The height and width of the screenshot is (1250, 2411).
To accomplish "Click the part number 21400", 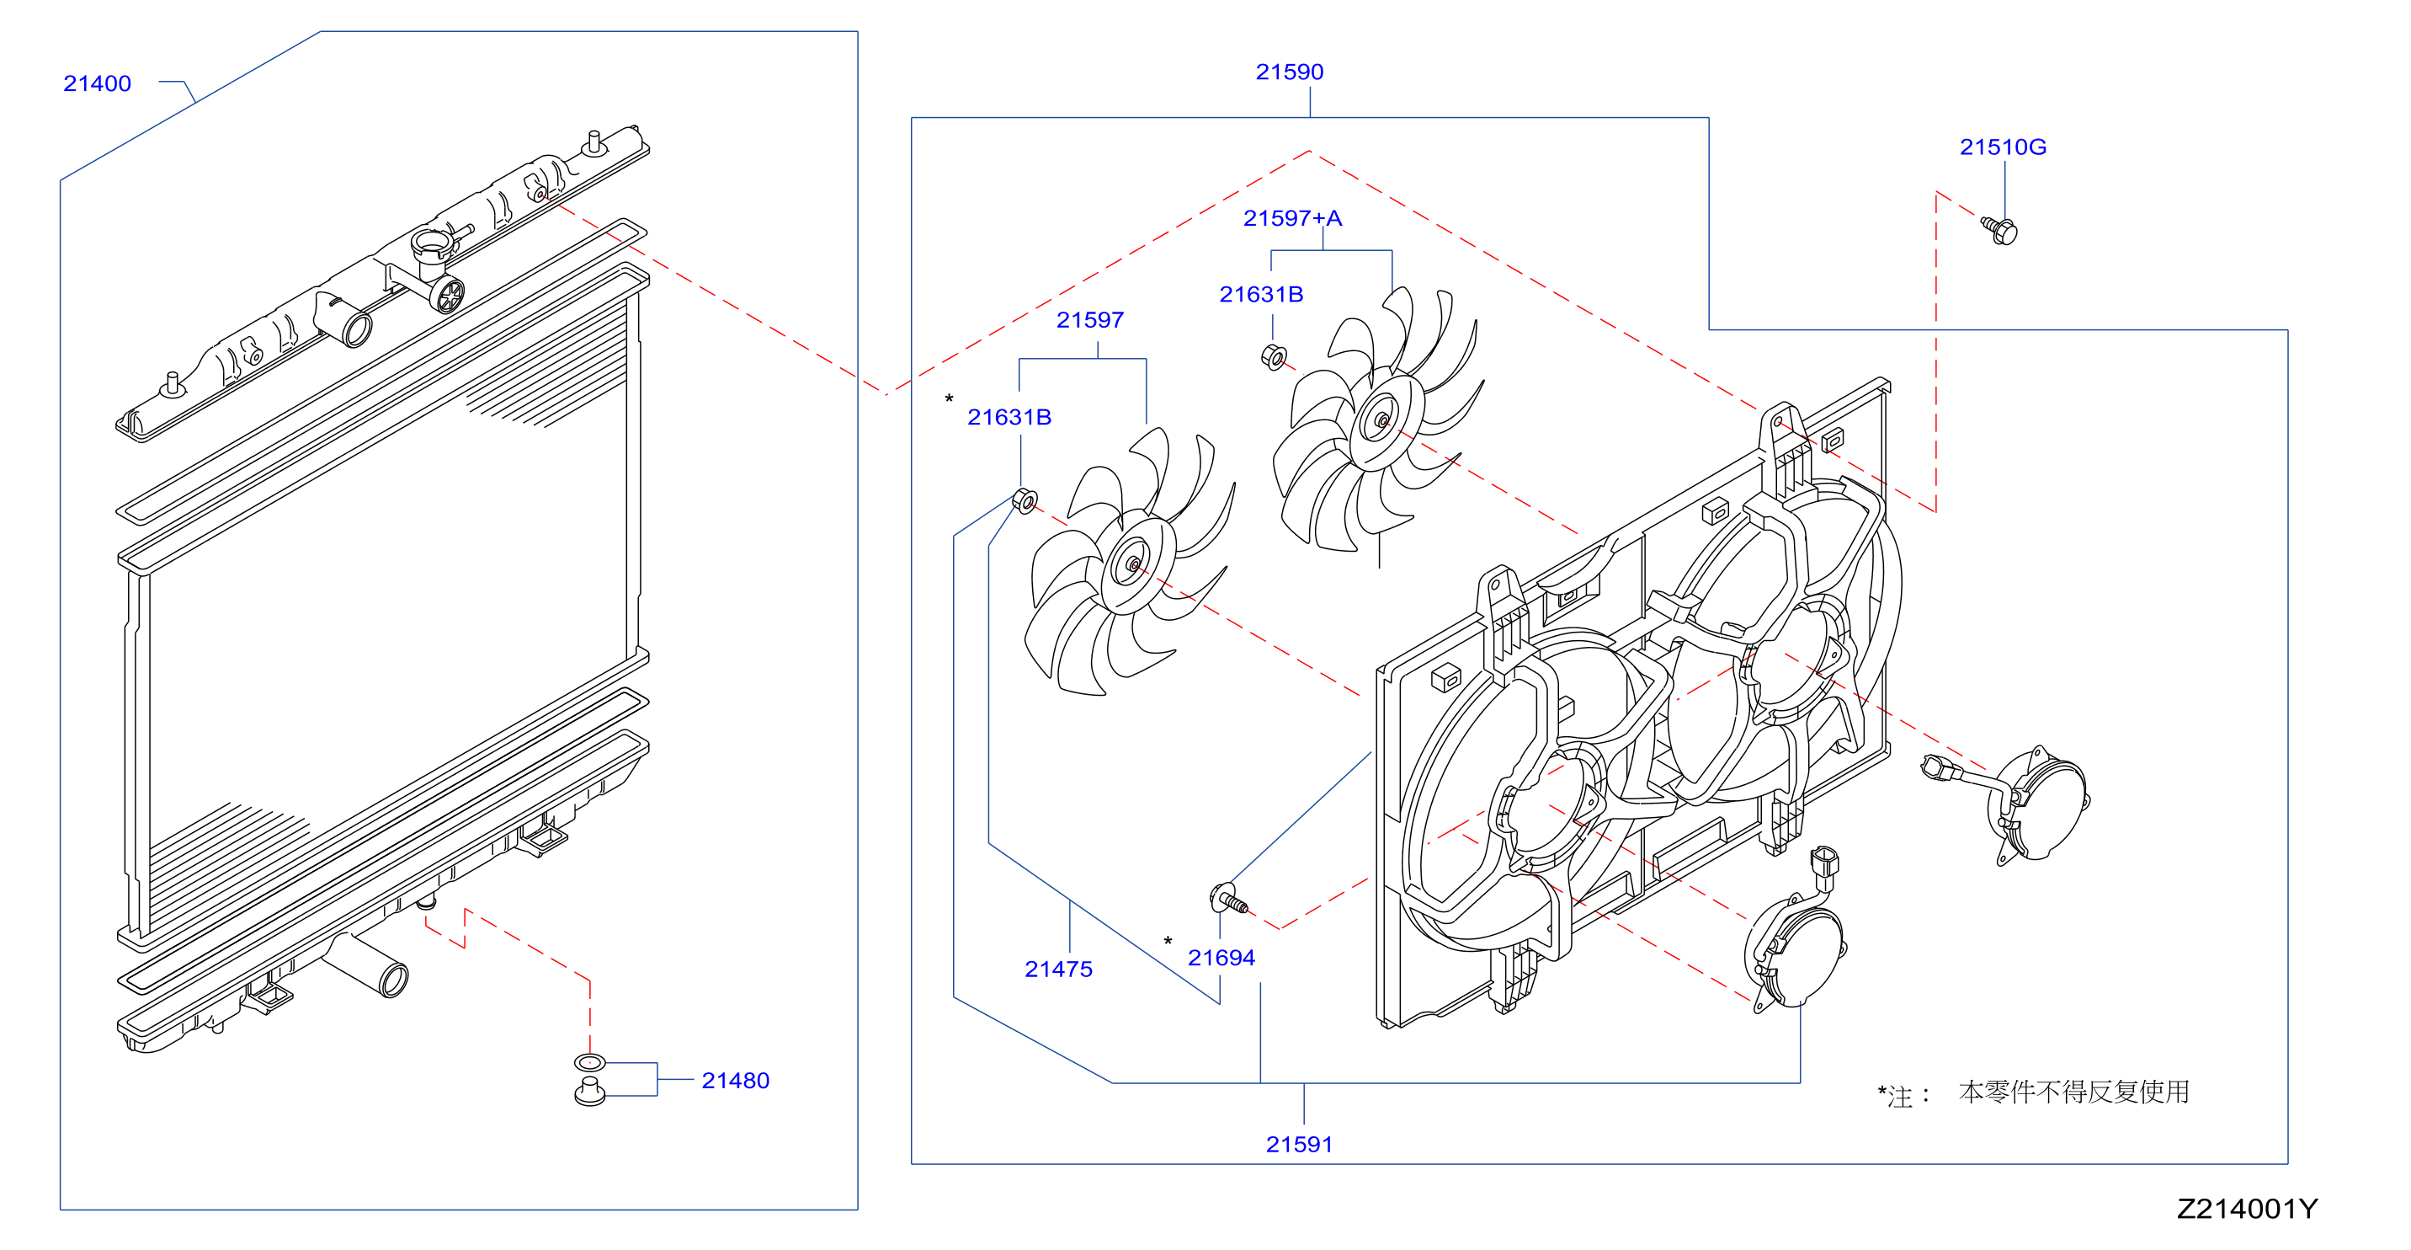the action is tap(97, 83).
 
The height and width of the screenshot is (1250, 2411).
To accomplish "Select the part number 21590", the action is tap(1289, 72).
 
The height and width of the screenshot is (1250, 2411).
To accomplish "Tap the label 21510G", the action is tap(2003, 147).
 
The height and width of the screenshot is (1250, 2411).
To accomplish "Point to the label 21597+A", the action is tap(1292, 218).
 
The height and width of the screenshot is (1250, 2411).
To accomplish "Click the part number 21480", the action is tap(735, 1081).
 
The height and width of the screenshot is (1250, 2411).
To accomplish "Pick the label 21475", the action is tap(1058, 970).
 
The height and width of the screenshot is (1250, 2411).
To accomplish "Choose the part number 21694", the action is tap(1221, 958).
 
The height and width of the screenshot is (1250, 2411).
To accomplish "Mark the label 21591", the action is tap(1299, 1144).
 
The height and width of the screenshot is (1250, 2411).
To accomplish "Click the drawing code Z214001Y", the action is tap(2247, 1209).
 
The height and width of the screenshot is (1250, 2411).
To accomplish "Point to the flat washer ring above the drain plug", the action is tap(589, 1062).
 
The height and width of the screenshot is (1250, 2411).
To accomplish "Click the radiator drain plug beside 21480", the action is tap(589, 1092).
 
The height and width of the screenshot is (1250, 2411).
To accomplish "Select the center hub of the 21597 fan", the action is tap(1135, 564).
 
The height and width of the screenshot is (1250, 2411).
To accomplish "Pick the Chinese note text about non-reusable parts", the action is tap(2073, 1092).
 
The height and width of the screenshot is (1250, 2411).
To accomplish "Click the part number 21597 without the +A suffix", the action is tap(1089, 320).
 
